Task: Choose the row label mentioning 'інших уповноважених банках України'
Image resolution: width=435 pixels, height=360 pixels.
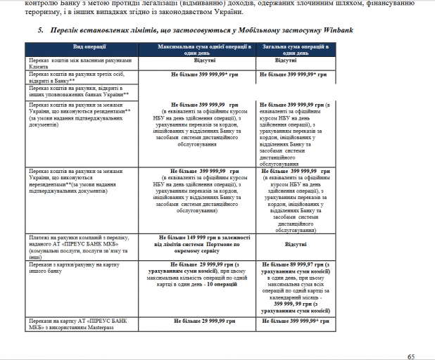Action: [x=77, y=90]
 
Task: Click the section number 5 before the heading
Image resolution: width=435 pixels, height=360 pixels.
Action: [x=42, y=31]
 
